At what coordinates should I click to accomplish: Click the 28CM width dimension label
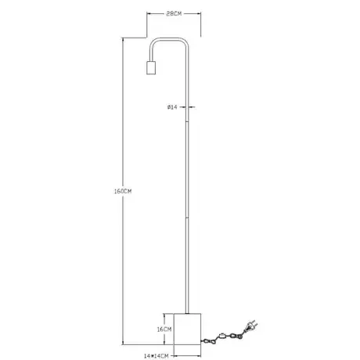tap(174, 14)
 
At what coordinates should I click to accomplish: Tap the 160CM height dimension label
tap(123, 191)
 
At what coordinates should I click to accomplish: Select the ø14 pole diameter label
tap(172, 107)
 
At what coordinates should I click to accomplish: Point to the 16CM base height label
tap(164, 329)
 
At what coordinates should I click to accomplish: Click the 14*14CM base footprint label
tap(156, 356)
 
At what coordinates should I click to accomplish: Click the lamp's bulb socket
tap(151, 68)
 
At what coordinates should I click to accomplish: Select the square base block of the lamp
tap(187, 329)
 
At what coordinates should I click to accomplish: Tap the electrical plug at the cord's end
tap(251, 326)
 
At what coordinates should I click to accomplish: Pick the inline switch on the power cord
tap(222, 336)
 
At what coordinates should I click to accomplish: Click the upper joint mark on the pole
tap(187, 121)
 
